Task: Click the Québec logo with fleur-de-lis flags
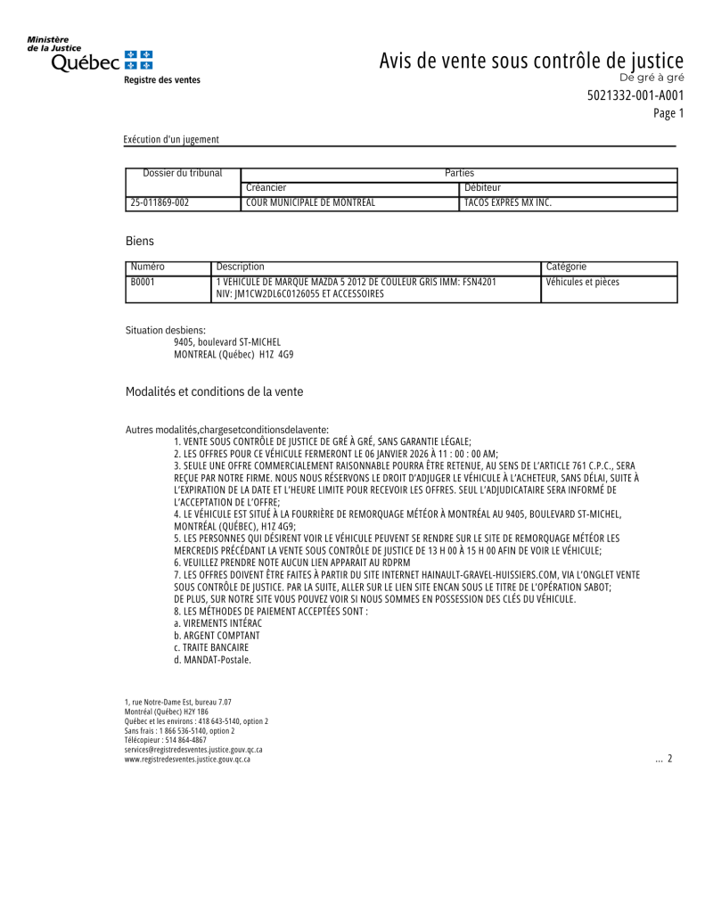coord(90,58)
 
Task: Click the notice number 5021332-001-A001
coord(635,96)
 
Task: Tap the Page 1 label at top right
coord(668,113)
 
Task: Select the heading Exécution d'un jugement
coord(171,139)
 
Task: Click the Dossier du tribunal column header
coord(183,173)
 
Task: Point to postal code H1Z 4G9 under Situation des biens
coord(276,354)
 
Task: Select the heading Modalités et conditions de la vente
coord(214,391)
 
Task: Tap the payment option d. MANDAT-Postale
coord(212,660)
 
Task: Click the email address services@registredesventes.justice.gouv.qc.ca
coord(193,750)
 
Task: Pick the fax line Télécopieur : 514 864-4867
coord(165,740)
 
